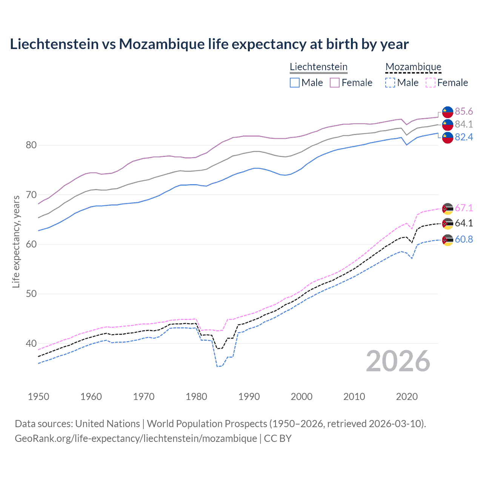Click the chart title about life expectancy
tap(209, 44)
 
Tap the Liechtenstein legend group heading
tap(318, 67)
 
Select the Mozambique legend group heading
tap(413, 67)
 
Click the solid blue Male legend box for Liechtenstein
tap(295, 83)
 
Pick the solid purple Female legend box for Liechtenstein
tap(335, 83)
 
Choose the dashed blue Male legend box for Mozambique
tap(390, 83)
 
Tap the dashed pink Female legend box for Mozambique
tap(431, 83)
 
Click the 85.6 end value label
tap(464, 111)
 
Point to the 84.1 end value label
tap(464, 124)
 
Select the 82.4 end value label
tap(464, 137)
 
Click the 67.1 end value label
tap(464, 208)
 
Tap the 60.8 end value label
tap(464, 240)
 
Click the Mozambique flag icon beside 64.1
tap(448, 223)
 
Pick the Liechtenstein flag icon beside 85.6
tap(448, 112)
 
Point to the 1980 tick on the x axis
tap(196, 397)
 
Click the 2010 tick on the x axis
tap(354, 397)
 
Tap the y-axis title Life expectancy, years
tap(16, 241)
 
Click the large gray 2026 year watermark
tap(398, 361)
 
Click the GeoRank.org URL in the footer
tap(136, 438)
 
